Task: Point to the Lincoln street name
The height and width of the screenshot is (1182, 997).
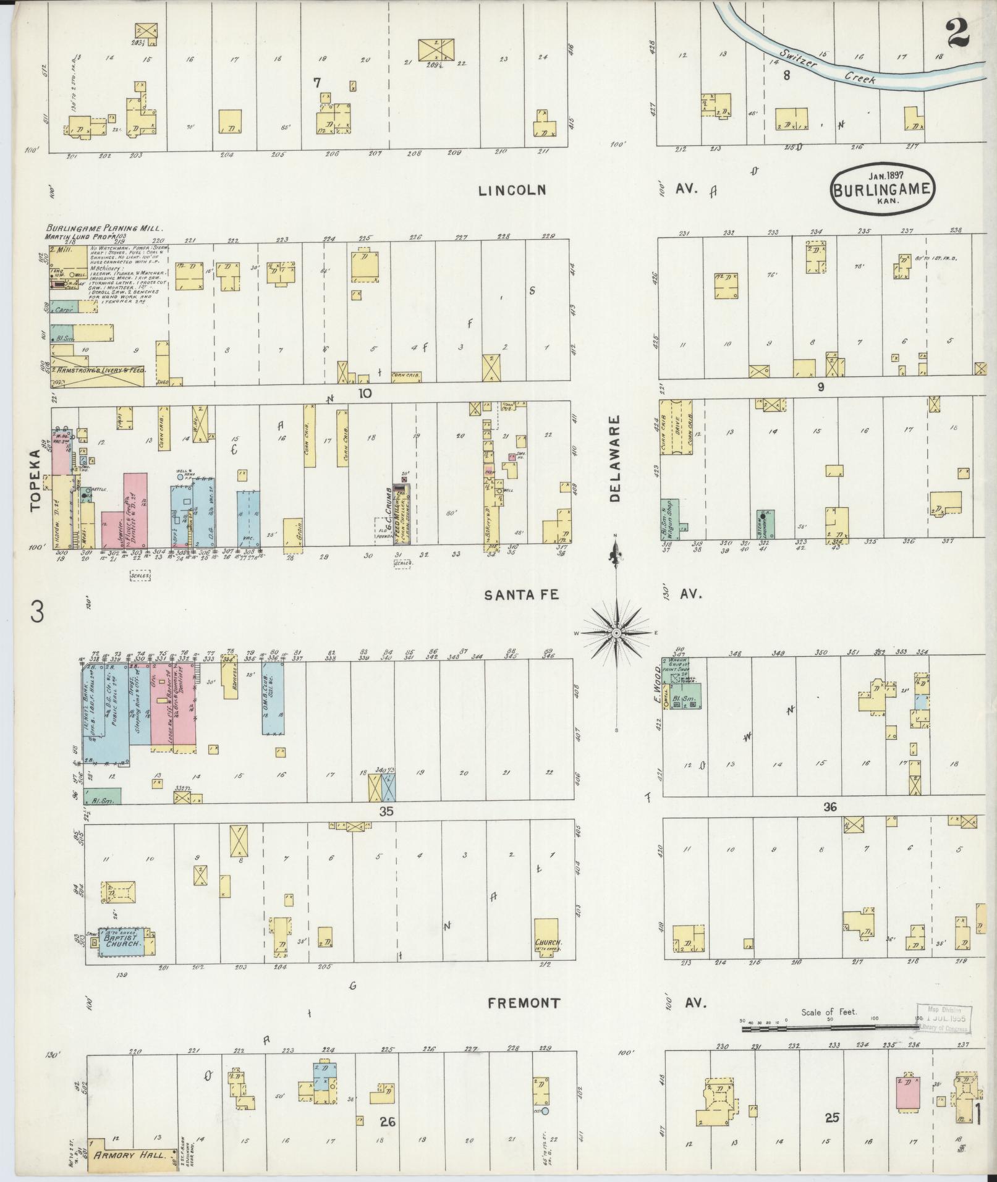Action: tap(512, 190)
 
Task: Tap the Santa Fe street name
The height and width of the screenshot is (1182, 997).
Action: tap(521, 594)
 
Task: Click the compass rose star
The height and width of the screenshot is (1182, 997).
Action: tap(616, 634)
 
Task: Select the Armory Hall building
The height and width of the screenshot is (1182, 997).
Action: tap(130, 1154)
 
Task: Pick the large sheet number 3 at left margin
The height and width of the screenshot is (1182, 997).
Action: tap(38, 613)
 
